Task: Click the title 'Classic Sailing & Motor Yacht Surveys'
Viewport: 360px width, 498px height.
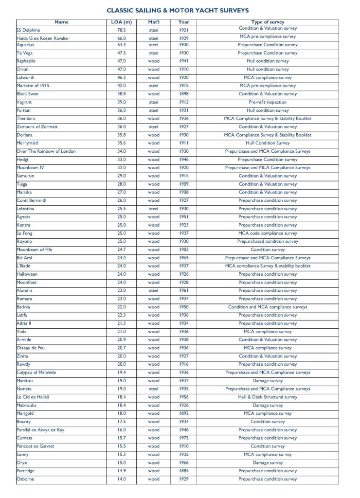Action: (x=178, y=10)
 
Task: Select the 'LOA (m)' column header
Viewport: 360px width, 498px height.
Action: (x=122, y=22)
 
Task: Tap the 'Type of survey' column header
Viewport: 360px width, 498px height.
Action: (x=268, y=22)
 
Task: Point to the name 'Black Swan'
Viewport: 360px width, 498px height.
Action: (x=28, y=94)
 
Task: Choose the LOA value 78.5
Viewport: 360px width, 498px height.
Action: (x=122, y=30)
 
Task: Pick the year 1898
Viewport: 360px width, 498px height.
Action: (x=183, y=94)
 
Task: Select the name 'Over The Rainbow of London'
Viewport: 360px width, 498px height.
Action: (x=46, y=151)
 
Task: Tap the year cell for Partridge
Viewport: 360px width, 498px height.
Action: (x=183, y=471)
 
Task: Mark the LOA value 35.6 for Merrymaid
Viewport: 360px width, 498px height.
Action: (x=122, y=143)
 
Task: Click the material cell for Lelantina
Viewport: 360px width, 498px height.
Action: (x=154, y=209)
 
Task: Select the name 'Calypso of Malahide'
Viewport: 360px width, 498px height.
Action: (x=36, y=373)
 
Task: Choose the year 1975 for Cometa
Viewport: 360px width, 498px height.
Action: (x=183, y=438)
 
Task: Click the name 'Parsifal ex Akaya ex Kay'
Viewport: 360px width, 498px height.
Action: (x=40, y=430)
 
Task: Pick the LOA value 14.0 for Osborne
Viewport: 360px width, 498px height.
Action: (x=122, y=479)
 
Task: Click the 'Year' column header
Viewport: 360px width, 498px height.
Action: (x=183, y=22)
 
